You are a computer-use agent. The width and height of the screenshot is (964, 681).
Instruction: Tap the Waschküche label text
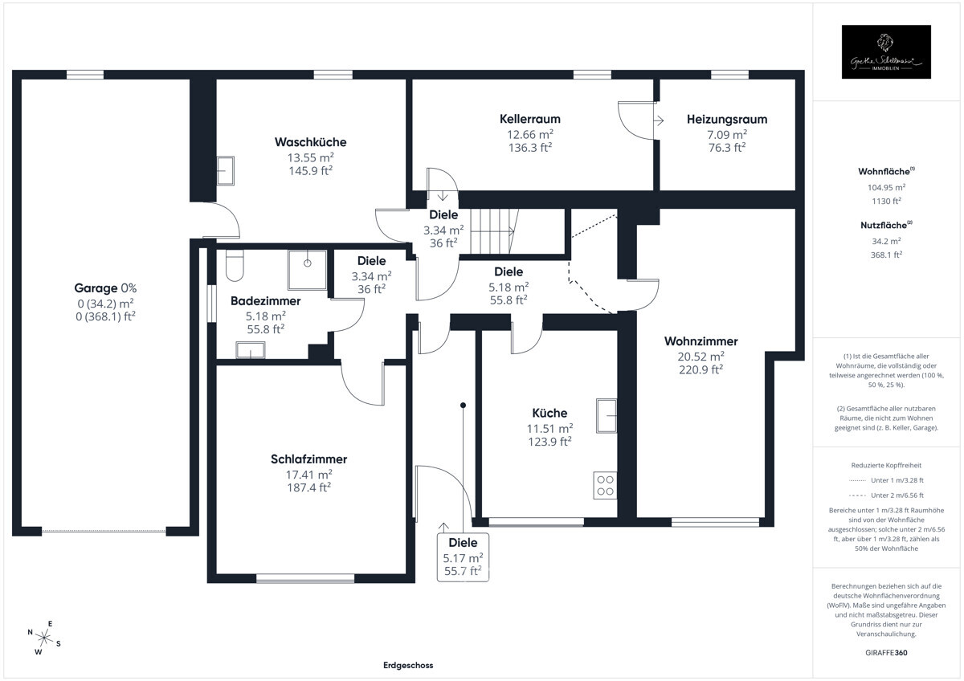click(299, 142)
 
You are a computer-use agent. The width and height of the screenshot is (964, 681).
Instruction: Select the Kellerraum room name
click(529, 119)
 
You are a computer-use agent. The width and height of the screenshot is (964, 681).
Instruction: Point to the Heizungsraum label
click(726, 119)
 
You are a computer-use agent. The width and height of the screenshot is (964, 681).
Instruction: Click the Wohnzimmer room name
click(701, 341)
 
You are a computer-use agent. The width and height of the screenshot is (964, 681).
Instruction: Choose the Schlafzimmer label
click(308, 459)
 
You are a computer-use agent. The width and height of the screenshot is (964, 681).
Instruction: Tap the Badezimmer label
click(265, 301)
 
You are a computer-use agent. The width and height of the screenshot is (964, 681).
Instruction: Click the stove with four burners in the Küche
click(605, 485)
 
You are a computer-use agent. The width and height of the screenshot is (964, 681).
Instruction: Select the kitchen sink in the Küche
click(607, 414)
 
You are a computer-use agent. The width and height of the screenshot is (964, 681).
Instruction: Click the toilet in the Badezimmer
click(234, 266)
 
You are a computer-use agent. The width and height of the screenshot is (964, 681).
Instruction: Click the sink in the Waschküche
click(226, 170)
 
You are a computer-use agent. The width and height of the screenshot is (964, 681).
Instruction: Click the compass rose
click(45, 638)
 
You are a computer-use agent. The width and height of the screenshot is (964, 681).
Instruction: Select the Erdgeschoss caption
click(408, 666)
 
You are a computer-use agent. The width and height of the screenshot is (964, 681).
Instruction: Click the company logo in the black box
click(886, 52)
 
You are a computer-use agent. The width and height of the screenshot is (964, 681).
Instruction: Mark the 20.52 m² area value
click(701, 356)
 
